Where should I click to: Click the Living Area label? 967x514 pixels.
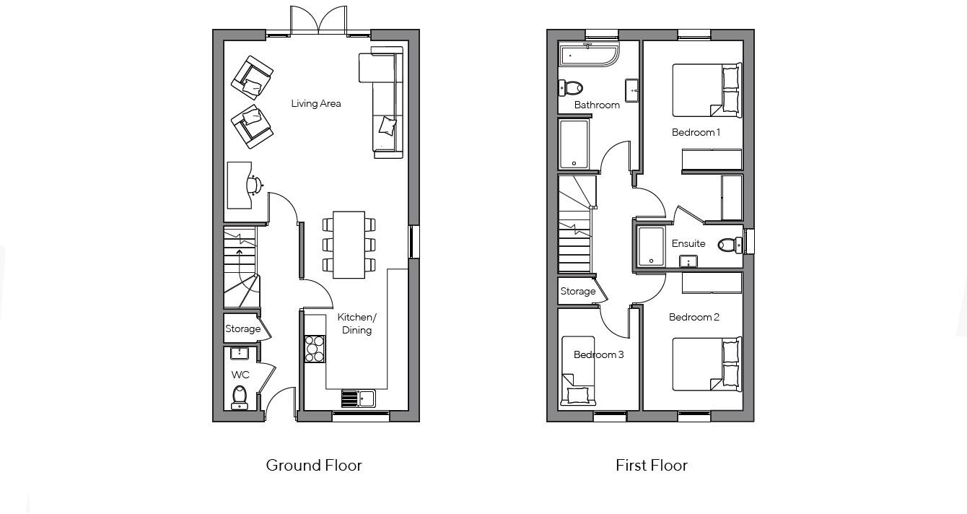(x=315, y=103)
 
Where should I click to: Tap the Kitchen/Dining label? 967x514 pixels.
(x=356, y=323)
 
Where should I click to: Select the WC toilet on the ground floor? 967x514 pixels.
(x=240, y=396)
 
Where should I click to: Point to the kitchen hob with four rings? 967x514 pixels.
(x=315, y=349)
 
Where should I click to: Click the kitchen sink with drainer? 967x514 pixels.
(x=358, y=398)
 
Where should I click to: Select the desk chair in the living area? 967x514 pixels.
(x=254, y=185)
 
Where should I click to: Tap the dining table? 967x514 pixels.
(x=349, y=245)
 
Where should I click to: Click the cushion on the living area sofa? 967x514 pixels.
(x=388, y=126)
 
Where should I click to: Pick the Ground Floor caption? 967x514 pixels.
(x=314, y=466)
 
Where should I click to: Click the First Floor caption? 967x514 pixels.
(x=651, y=466)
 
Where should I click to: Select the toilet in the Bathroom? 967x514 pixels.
(x=571, y=88)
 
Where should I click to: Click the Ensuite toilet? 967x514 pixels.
(x=730, y=245)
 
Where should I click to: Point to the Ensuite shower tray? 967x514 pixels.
(x=651, y=245)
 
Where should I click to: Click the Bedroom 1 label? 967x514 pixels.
(x=696, y=132)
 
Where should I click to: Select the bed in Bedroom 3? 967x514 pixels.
(x=578, y=370)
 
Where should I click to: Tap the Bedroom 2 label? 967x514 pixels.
(x=693, y=317)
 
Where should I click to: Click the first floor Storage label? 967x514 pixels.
(x=578, y=292)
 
